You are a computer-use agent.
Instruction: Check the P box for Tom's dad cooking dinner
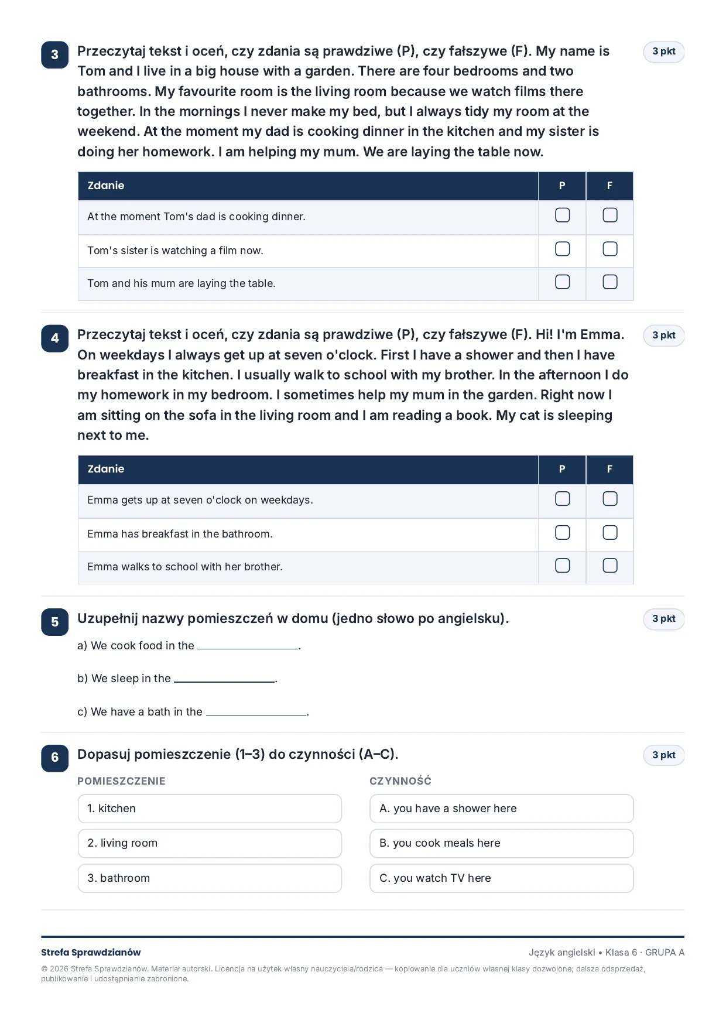click(562, 215)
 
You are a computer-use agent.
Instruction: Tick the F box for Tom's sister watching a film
click(610, 249)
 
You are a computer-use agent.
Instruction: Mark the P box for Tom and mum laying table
click(562, 282)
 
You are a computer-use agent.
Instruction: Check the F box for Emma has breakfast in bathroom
click(610, 532)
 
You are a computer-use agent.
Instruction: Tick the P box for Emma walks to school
click(562, 565)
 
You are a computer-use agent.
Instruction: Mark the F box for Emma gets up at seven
click(610, 498)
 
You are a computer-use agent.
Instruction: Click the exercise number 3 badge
click(55, 55)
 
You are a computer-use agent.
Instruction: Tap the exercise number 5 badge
click(55, 622)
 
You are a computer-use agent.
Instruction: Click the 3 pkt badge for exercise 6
click(664, 755)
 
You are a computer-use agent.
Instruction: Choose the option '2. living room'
click(210, 843)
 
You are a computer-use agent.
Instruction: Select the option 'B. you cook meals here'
click(501, 843)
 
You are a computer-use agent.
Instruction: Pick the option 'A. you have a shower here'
click(501, 809)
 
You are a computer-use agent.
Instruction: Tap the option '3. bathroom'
click(210, 878)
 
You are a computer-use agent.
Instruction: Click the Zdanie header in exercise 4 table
click(106, 469)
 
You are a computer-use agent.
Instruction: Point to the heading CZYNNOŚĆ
click(400, 781)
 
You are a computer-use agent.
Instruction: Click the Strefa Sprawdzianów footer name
click(91, 953)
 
